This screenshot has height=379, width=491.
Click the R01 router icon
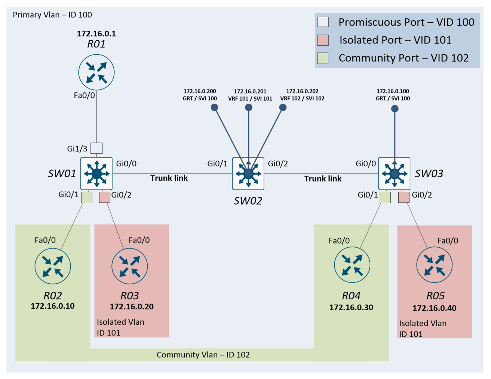click(x=96, y=72)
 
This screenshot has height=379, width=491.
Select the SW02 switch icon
click(x=248, y=174)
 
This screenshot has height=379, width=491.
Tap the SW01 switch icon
click(x=96, y=174)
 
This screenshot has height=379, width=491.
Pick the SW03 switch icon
click(x=394, y=174)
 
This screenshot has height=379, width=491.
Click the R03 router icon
click(x=130, y=266)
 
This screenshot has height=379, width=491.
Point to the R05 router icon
click(x=434, y=265)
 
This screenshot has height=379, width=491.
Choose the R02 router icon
click(x=53, y=266)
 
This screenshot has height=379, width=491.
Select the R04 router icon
click(x=352, y=265)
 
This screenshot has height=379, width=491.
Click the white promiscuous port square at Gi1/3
click(x=96, y=148)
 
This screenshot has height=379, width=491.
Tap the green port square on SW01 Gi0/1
click(x=87, y=198)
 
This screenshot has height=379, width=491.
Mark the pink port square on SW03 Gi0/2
click(x=404, y=197)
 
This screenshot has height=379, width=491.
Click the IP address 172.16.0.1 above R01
click(x=96, y=34)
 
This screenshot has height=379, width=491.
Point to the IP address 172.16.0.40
click(x=434, y=308)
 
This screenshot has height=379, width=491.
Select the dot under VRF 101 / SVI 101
click(x=249, y=108)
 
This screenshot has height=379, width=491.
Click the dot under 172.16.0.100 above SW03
click(x=395, y=109)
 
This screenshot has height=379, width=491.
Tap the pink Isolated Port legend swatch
click(x=323, y=40)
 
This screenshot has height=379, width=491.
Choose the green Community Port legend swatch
click(x=323, y=58)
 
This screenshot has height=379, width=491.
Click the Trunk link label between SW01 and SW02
click(x=169, y=178)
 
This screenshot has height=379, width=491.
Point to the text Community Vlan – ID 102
click(x=203, y=355)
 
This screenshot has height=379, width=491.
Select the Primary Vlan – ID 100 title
click(x=52, y=15)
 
